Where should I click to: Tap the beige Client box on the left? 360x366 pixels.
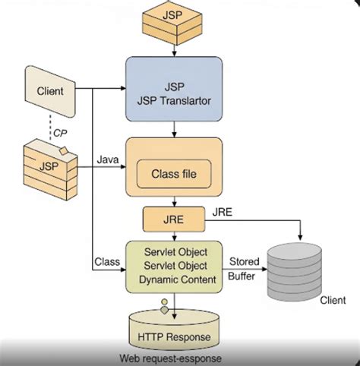pyautogui.click(x=51, y=92)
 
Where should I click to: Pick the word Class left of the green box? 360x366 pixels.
pyautogui.click(x=107, y=262)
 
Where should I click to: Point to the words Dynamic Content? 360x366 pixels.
pyautogui.click(x=175, y=279)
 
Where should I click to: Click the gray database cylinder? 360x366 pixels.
pyautogui.click(x=302, y=269)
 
